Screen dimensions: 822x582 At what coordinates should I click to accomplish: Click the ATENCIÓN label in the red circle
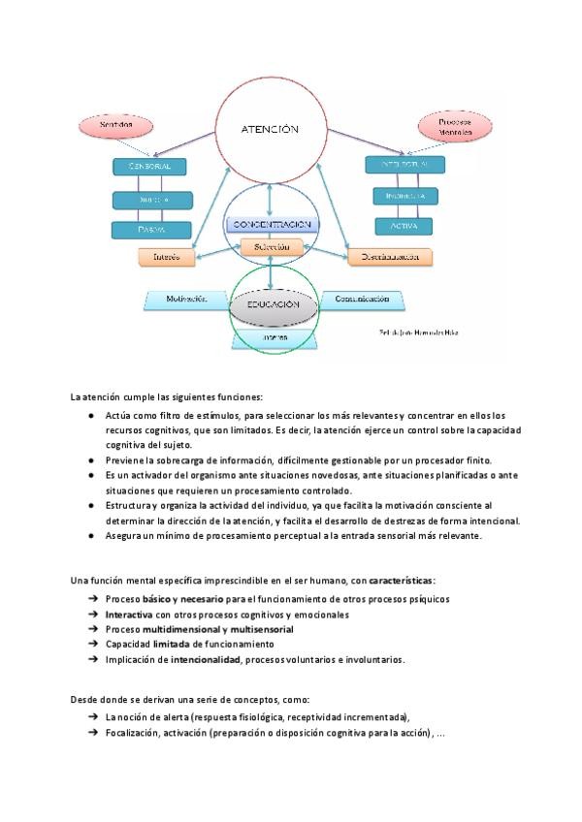click(x=270, y=128)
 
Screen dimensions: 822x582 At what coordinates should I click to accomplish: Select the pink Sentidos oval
click(x=118, y=125)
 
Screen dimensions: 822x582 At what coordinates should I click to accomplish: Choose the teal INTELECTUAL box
click(x=405, y=165)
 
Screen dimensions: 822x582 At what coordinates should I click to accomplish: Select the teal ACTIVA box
click(x=404, y=226)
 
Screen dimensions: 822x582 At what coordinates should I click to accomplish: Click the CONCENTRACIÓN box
click(x=272, y=224)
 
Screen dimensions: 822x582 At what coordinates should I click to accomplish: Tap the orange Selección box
click(x=273, y=247)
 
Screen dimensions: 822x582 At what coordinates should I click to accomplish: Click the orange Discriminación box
click(x=389, y=257)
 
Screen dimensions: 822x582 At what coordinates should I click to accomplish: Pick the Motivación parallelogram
click(x=186, y=300)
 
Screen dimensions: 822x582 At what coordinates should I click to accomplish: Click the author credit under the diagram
click(x=418, y=333)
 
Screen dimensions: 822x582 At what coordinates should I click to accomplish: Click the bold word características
click(x=402, y=581)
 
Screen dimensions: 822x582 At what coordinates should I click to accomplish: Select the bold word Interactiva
click(x=129, y=615)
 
